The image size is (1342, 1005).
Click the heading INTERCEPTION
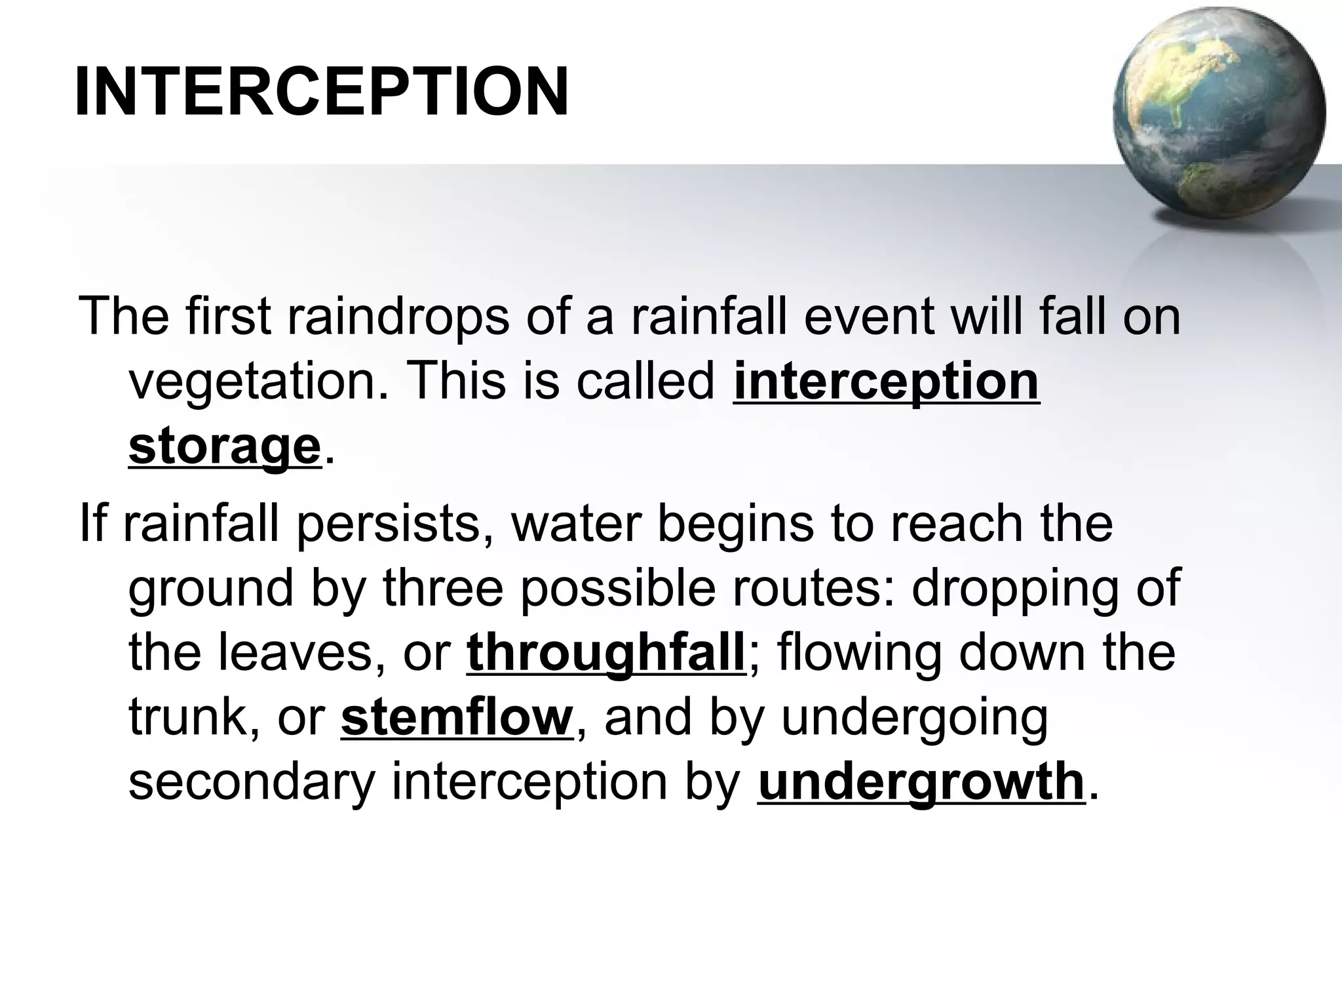click(321, 92)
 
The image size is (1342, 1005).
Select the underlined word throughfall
click(606, 653)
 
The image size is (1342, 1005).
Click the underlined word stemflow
click(457, 718)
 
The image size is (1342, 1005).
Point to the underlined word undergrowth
click(921, 781)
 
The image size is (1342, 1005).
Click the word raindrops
click(398, 317)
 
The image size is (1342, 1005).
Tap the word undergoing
click(915, 719)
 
